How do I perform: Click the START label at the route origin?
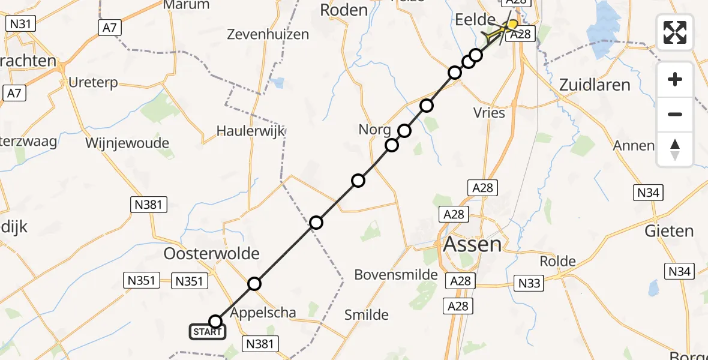coord(208,332)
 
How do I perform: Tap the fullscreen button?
coord(675,32)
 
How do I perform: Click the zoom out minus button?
coord(675,114)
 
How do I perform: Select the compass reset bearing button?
coord(675,149)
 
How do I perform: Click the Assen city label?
coord(472,244)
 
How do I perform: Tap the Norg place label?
coord(375,129)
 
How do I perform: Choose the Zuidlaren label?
coord(595,85)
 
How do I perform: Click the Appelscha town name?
coord(263,312)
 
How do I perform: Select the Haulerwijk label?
coord(250,131)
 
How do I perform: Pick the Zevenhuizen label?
coord(268,35)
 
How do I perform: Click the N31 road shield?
coord(20,24)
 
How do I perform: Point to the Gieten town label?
coord(669,231)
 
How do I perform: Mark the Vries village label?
coord(489,113)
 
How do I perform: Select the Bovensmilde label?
coord(396,275)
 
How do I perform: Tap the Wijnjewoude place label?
coord(127,143)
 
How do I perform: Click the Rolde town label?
coord(557,262)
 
